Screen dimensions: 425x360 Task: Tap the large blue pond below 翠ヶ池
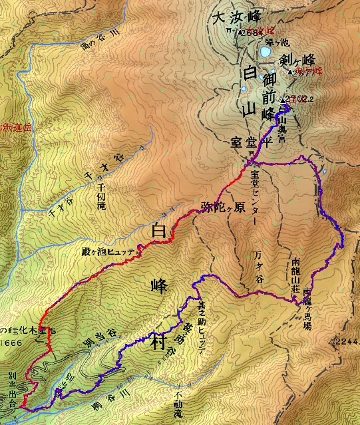coord(266,51)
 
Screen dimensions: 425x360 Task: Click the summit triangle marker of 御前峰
coord(285,99)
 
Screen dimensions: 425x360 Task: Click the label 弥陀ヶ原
coord(222,206)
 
